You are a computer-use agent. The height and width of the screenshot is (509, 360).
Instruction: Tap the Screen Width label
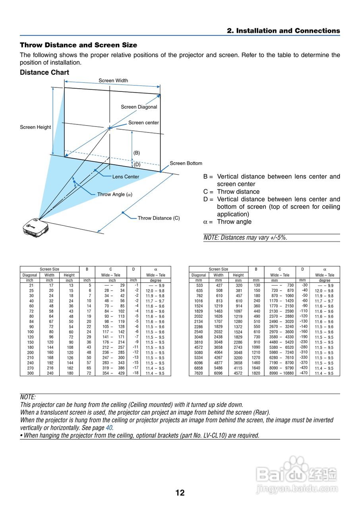point(113,81)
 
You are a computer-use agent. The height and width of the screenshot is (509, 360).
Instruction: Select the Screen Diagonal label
point(139,107)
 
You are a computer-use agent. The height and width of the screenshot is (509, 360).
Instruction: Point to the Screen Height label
point(35,127)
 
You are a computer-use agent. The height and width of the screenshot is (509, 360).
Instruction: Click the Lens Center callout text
point(126,177)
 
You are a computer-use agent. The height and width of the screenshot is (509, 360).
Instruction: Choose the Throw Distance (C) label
point(159,218)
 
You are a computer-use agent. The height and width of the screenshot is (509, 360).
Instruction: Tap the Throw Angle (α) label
point(115,194)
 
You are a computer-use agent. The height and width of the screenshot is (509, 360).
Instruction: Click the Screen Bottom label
point(186,163)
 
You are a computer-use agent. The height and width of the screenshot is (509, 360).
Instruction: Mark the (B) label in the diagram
point(136,153)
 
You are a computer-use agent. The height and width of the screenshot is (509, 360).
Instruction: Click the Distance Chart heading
point(45,72)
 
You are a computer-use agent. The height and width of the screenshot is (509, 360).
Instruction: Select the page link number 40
point(109,428)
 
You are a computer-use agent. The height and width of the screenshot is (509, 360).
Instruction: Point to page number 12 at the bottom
point(180,493)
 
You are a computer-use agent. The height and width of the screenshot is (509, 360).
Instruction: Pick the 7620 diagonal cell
point(199,373)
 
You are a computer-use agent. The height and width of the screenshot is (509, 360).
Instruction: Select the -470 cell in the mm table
point(303,373)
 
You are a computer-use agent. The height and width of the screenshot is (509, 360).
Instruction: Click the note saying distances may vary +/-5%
point(245,238)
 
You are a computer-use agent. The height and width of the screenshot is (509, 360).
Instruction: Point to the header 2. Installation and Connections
point(283,31)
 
